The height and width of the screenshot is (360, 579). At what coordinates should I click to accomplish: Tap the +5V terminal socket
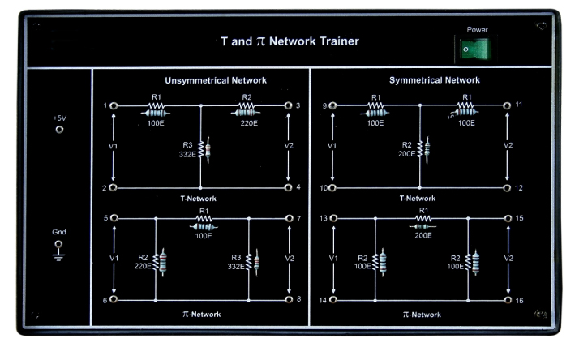tap(59, 129)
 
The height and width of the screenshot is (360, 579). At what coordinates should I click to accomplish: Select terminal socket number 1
tap(114, 106)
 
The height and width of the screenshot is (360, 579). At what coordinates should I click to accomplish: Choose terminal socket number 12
tap(508, 187)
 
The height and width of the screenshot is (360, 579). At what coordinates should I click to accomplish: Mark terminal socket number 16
tap(508, 299)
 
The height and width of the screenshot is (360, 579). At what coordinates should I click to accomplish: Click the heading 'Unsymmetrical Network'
tap(216, 81)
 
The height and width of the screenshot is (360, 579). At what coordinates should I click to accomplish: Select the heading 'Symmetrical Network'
tap(435, 81)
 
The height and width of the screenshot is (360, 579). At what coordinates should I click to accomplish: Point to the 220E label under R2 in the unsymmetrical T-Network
tap(248, 124)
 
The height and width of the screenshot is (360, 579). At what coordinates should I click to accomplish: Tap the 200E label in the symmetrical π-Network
tap(422, 236)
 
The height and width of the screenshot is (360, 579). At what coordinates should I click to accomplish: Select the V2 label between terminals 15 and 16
tap(508, 258)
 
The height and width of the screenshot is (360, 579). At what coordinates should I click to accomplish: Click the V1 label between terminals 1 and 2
tap(114, 146)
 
